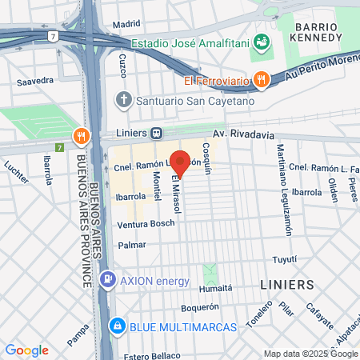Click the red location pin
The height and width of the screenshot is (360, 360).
pos(181,162)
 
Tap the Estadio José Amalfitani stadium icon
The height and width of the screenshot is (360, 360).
pos(261,42)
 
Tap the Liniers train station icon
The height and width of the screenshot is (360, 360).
pos(158,134)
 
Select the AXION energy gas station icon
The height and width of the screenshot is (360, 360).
pos(106,281)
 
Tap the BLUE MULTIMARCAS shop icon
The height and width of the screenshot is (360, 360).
pos(118,326)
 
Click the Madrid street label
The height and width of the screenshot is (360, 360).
pos(126,24)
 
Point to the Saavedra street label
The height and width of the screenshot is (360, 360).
pos(35,80)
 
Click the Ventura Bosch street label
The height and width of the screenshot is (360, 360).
pos(146,222)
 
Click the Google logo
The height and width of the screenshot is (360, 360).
pos(26,350)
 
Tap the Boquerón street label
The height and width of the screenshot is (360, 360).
pos(200,306)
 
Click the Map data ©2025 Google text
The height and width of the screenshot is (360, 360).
pos(311,354)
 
